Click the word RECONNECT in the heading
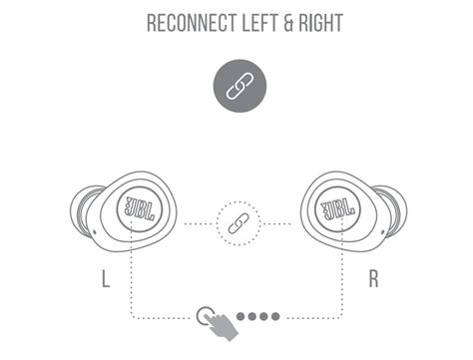click(191, 22)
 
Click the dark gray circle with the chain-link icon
click(237, 88)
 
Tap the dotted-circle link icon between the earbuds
click(237, 222)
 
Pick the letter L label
click(106, 278)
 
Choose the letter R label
click(373, 278)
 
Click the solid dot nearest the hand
click(239, 316)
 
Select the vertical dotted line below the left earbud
click(134, 279)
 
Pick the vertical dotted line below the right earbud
click(341, 279)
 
